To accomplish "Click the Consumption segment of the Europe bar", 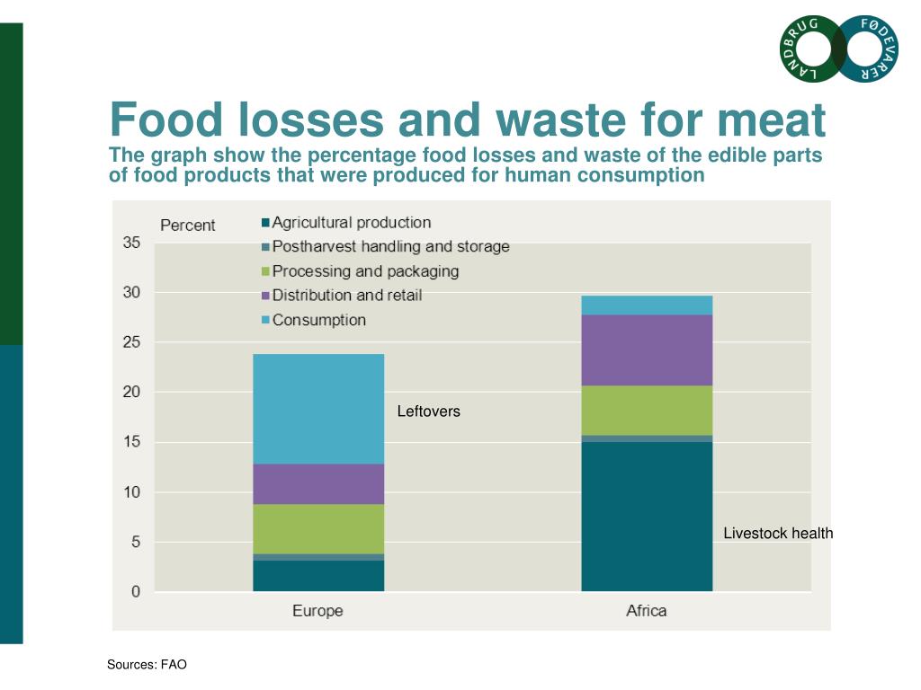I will click(318, 409).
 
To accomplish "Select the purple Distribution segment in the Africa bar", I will click(647, 349).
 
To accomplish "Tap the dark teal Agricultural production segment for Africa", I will click(647, 516).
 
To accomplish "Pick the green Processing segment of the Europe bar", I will click(318, 528).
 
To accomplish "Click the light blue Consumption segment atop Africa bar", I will click(647, 305).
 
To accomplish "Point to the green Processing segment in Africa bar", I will click(647, 410).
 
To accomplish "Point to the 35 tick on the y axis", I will click(131, 243).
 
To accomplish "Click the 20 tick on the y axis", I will click(131, 392).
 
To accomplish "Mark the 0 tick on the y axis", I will click(135, 591).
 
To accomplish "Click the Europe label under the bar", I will click(317, 611).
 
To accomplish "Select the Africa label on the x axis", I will click(646, 611).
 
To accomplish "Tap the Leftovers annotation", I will click(428, 411).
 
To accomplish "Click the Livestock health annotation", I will click(778, 534).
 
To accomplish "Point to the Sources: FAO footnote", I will click(147, 665).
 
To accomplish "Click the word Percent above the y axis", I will click(187, 226).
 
